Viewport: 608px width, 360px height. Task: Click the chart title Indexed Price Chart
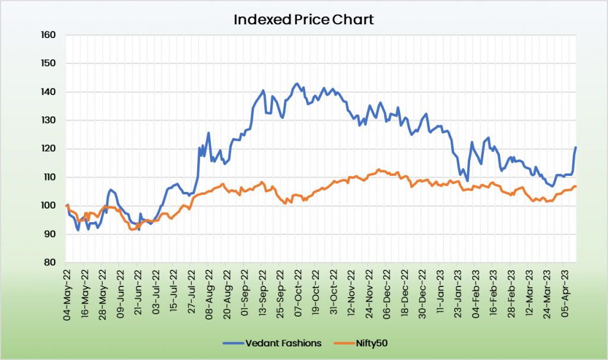(303, 19)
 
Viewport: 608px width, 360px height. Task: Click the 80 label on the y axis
(50, 263)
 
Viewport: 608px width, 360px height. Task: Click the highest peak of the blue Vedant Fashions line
(297, 84)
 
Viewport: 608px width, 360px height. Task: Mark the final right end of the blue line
(575, 147)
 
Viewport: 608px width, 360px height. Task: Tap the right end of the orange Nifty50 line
(575, 187)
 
